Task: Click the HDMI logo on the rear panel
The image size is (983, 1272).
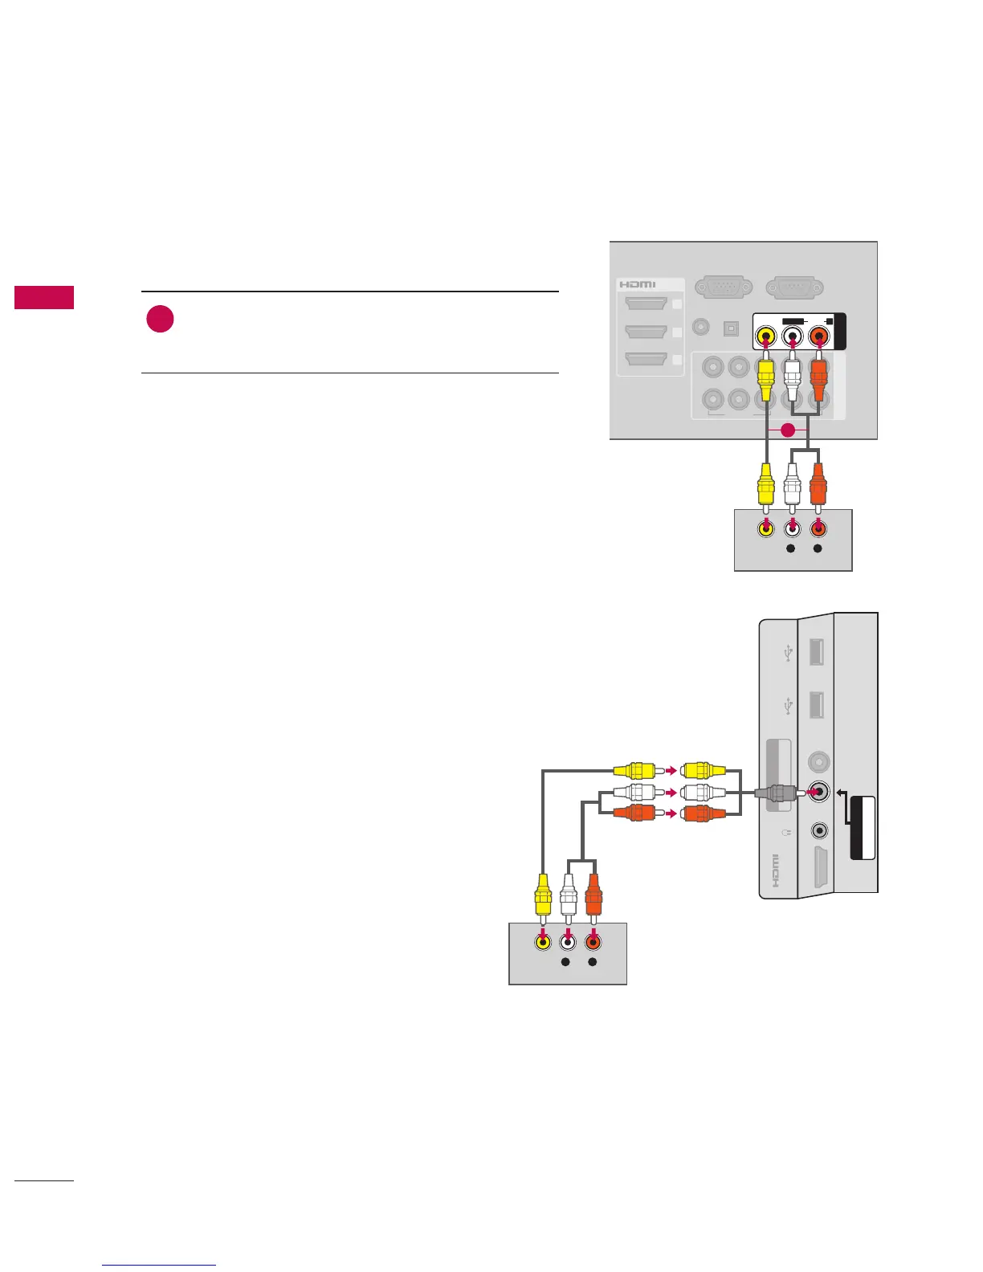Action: click(x=637, y=285)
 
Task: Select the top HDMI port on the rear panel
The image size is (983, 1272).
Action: click(x=646, y=305)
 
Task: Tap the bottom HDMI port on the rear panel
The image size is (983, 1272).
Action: click(x=646, y=360)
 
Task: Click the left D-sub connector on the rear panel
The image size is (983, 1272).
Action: click(x=724, y=286)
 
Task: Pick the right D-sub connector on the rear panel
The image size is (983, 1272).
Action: click(x=794, y=286)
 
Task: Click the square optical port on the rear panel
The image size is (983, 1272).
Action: click(x=731, y=328)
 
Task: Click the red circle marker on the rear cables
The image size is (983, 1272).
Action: click(x=789, y=430)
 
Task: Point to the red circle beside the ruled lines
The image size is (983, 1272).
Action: click(x=161, y=320)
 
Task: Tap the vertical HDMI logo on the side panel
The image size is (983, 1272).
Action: click(x=775, y=870)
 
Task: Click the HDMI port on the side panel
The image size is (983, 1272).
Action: click(x=819, y=868)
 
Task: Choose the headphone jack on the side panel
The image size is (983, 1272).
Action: click(x=819, y=830)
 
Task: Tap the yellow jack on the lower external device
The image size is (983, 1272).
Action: click(x=543, y=943)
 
